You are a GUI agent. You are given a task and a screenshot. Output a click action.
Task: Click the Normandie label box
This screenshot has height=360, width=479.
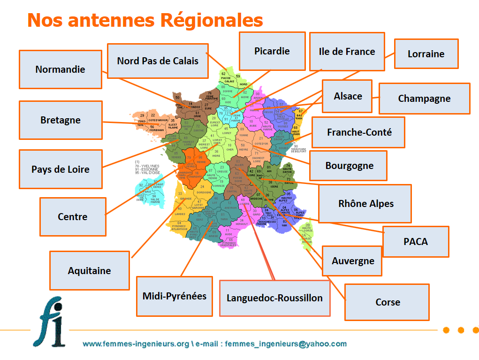tap(60, 69)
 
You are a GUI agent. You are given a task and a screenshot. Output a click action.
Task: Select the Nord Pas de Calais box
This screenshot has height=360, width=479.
tap(158, 61)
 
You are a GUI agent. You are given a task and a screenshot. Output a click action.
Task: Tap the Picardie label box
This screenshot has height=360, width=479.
tap(272, 51)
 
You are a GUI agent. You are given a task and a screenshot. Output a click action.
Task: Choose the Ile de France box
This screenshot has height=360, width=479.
tap(347, 52)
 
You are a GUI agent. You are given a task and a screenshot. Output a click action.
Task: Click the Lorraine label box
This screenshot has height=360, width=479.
tap(426, 54)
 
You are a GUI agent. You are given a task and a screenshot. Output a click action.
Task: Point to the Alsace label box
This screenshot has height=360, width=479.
tap(348, 96)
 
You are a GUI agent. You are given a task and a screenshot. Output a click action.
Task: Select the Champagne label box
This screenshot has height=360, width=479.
tap(424, 99)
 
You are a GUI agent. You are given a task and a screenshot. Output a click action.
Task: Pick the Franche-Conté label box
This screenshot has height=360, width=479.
tap(359, 132)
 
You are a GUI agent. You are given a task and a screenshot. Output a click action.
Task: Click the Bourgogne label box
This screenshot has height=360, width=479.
tap(349, 166)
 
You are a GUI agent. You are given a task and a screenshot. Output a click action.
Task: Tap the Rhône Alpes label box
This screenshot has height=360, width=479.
tap(365, 203)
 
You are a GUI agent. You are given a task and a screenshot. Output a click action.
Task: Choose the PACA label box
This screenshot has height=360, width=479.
tap(416, 241)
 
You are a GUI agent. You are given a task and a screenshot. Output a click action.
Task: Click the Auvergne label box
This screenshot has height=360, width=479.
tap(353, 261)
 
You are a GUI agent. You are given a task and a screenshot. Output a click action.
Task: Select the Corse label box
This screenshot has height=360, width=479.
tap(388, 302)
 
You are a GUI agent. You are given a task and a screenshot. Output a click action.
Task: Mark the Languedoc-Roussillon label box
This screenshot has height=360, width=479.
tap(274, 298)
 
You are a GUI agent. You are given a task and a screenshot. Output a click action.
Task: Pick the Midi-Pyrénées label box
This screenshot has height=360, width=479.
tap(174, 296)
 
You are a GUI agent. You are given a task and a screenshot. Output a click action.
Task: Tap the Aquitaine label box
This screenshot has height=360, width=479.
tap(89, 271)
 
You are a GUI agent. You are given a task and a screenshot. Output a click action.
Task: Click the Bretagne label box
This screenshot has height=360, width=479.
tap(60, 120)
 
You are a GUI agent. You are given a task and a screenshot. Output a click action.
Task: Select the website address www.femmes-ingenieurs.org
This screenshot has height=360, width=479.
tap(136, 344)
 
